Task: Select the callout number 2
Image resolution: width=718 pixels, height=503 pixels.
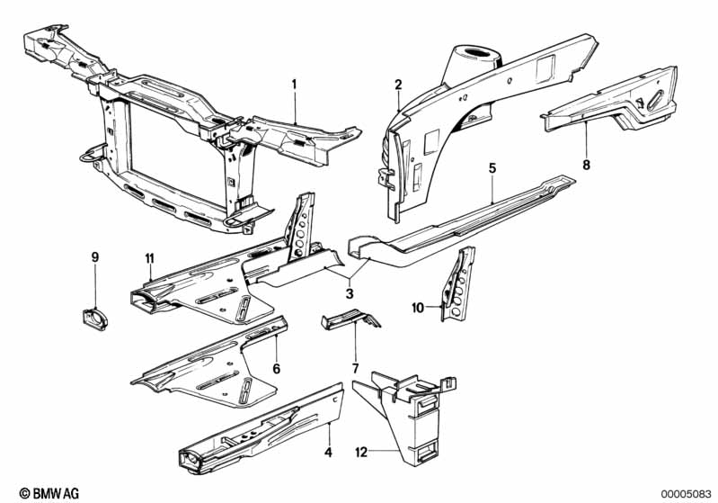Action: coord(397,85)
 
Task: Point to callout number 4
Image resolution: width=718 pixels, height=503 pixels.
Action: coord(328,453)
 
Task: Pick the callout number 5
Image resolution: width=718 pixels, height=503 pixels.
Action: coord(492,167)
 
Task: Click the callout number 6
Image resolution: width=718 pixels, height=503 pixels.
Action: coord(276,368)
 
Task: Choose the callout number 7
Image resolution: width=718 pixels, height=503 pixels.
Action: coord(355,367)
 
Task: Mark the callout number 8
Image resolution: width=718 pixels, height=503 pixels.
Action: coord(586,165)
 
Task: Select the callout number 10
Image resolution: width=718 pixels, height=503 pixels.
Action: coord(418,308)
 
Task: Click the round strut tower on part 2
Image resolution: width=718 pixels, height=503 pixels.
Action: coord(473,57)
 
